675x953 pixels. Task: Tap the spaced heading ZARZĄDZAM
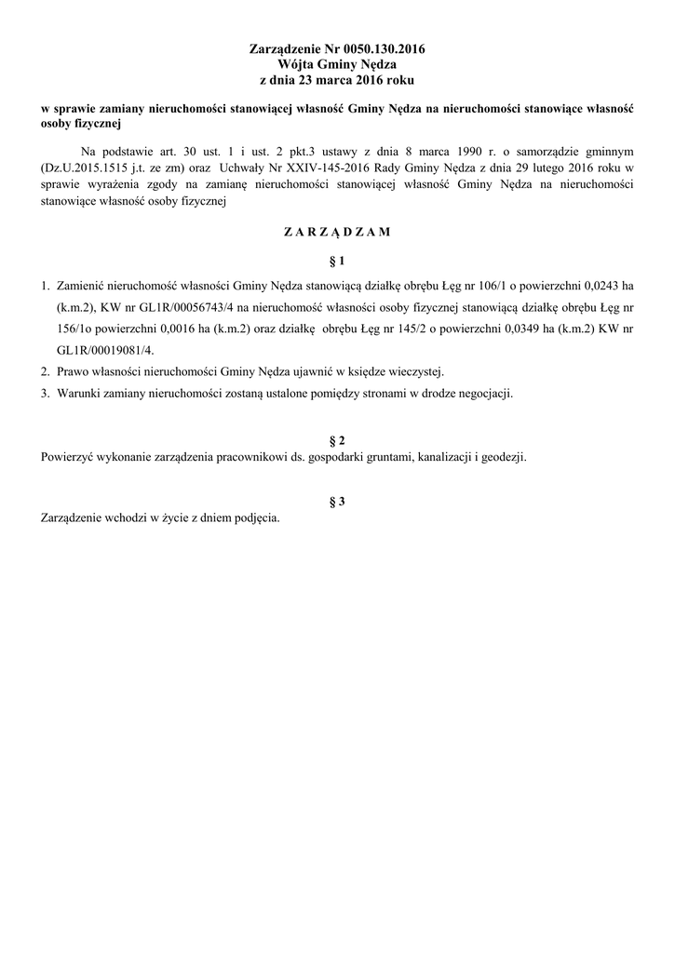point(337,231)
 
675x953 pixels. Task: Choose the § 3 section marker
point(337,502)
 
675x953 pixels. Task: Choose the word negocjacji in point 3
point(480,392)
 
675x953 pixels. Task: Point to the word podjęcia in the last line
point(255,518)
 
